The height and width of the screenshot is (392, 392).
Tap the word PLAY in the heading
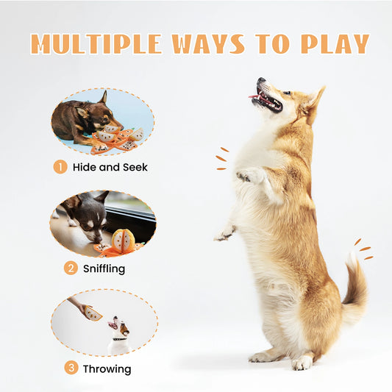334,43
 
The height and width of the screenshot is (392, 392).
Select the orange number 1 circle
60,167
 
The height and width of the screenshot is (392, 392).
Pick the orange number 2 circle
71,268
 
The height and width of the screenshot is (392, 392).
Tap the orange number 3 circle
71,368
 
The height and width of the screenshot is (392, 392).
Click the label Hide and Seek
110,167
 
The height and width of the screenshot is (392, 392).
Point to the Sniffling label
104,268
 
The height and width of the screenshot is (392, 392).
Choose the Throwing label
107,368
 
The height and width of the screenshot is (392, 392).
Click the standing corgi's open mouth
266,99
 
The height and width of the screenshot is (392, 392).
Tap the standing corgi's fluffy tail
355,291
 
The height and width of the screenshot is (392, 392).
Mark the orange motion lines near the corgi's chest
221,159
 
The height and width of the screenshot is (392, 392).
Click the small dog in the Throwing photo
118,335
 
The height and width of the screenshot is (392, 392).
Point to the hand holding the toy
77,304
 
